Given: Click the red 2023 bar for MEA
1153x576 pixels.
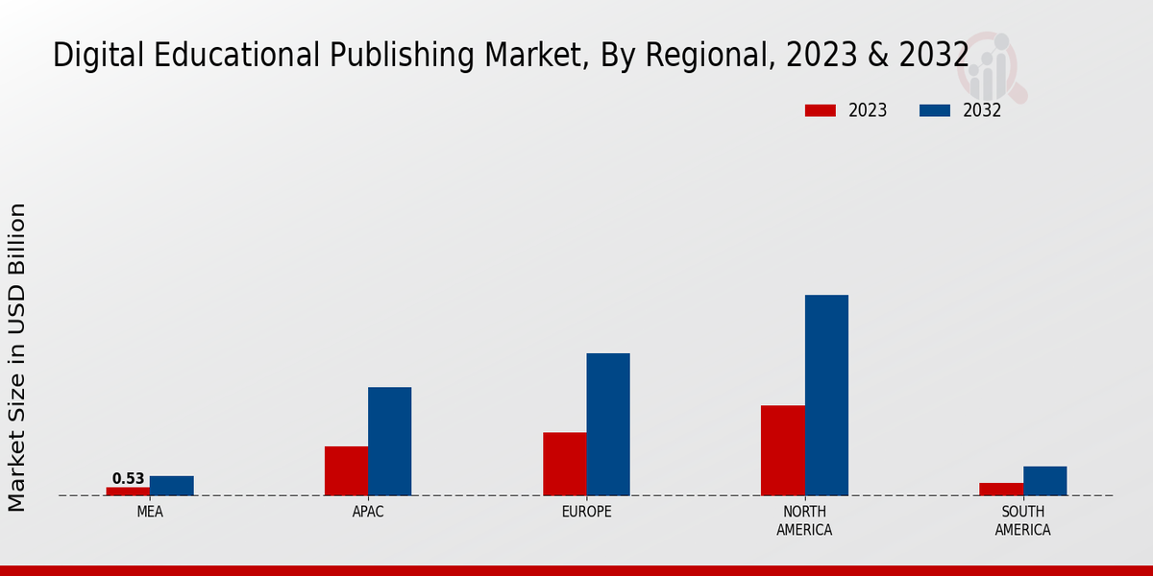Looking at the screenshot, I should point(128,491).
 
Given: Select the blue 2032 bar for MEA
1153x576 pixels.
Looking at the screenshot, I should point(172,486).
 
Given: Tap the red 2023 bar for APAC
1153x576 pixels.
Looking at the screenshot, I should point(346,470).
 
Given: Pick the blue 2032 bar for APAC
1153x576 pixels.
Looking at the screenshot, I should point(390,441).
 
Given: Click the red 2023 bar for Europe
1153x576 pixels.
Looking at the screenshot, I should point(565,464).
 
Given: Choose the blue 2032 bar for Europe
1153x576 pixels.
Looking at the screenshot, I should point(608,424).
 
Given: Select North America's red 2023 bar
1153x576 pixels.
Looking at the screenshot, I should point(783,450).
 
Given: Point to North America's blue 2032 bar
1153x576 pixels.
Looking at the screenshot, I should point(826,395).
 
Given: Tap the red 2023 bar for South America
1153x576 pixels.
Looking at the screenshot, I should point(1001,489).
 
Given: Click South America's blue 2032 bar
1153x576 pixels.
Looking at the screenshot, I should point(1044,481).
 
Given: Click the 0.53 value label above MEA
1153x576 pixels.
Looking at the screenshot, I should point(128,478).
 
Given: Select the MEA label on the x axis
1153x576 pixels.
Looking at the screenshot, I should point(150,512).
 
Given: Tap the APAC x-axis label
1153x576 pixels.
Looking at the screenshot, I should point(368,512).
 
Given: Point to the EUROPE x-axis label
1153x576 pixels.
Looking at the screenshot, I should point(586,512).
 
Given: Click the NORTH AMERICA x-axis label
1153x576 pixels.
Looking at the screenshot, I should point(804,520).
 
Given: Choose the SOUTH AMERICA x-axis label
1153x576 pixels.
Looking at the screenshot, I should point(1022,520).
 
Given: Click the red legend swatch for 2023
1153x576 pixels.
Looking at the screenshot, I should point(821,110).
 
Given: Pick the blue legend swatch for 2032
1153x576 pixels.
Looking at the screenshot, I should point(935,110).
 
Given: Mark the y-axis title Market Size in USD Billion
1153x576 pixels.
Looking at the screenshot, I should point(17,357).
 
